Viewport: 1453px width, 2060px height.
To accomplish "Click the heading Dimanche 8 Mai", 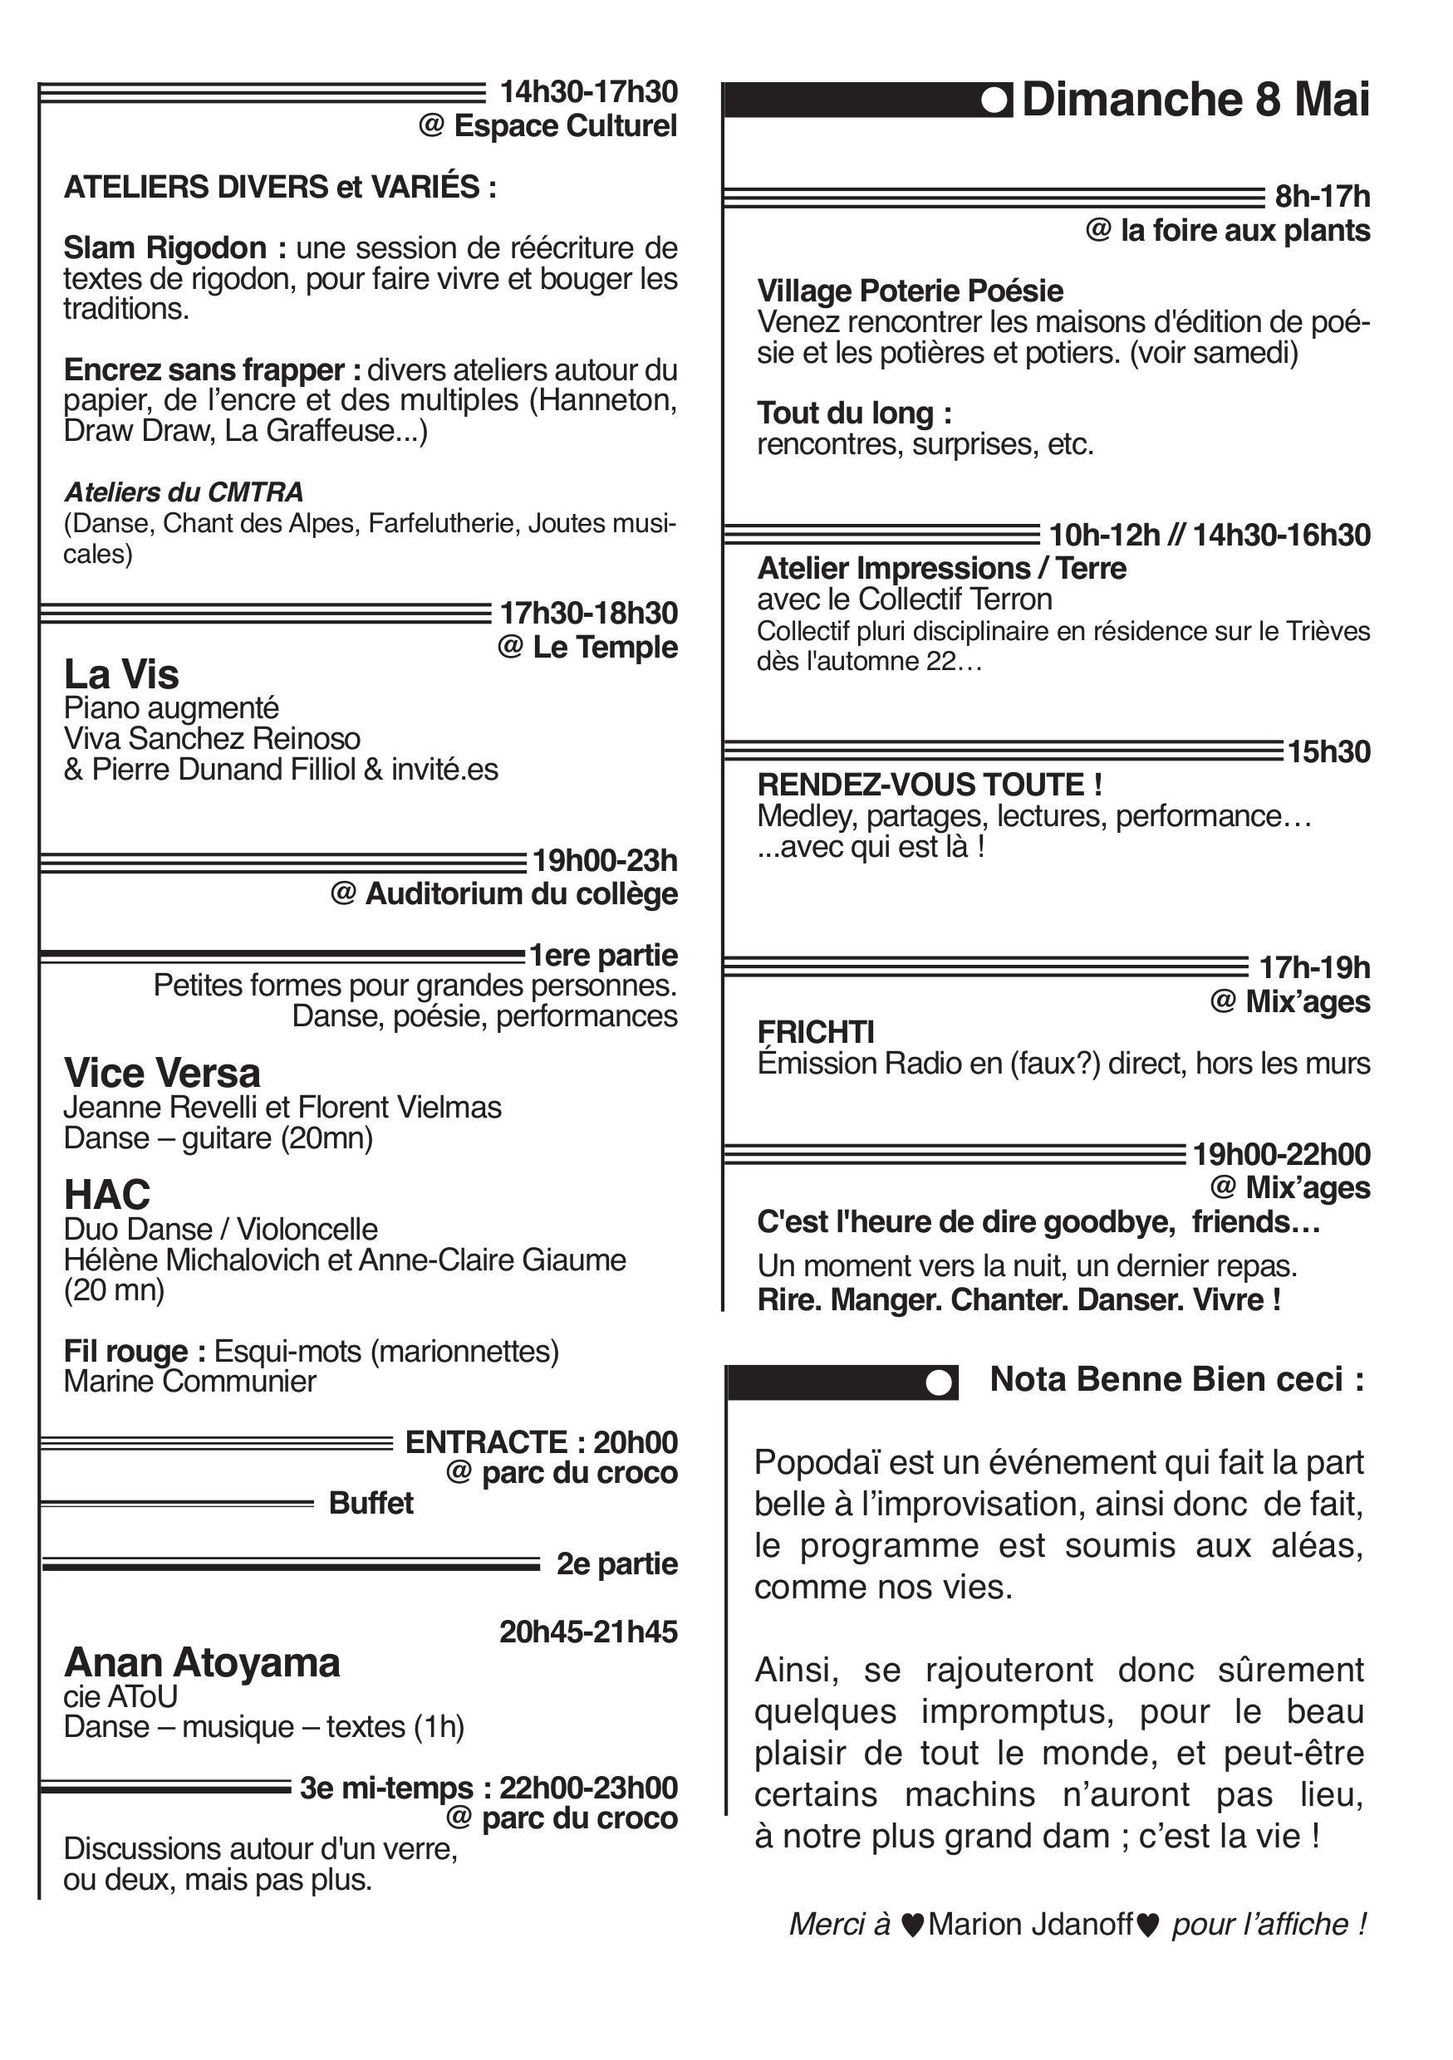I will coord(1195,100).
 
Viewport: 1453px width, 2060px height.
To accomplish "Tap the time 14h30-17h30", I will coord(588,91).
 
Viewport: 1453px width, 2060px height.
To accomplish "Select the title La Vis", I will coord(121,674).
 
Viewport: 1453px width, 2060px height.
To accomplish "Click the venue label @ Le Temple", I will coord(588,647).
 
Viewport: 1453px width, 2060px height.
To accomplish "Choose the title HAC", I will coord(107,1195).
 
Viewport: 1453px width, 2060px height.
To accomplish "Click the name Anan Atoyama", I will coord(202,1662).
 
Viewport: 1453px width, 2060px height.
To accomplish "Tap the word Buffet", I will coord(371,1503).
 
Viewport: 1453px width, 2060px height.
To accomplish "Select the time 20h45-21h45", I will coord(588,1631).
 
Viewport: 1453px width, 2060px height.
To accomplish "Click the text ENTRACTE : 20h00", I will coord(541,1441).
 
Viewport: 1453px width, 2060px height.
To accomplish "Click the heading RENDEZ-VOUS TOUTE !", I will coord(930,785).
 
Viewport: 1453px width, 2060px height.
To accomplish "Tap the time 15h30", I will coord(1329,751).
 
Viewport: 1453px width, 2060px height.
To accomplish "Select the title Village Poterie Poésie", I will coord(910,291).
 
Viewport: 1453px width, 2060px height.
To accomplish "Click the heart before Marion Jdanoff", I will coord(912,1925).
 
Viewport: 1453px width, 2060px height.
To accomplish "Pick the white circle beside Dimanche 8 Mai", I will coord(994,100).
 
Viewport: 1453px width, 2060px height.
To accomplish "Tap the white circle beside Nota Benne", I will coord(938,1382).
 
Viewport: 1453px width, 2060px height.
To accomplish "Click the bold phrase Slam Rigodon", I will coord(165,247).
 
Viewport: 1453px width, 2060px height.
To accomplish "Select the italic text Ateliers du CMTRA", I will coord(183,492).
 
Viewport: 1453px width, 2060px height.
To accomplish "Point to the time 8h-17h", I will coord(1322,197).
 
